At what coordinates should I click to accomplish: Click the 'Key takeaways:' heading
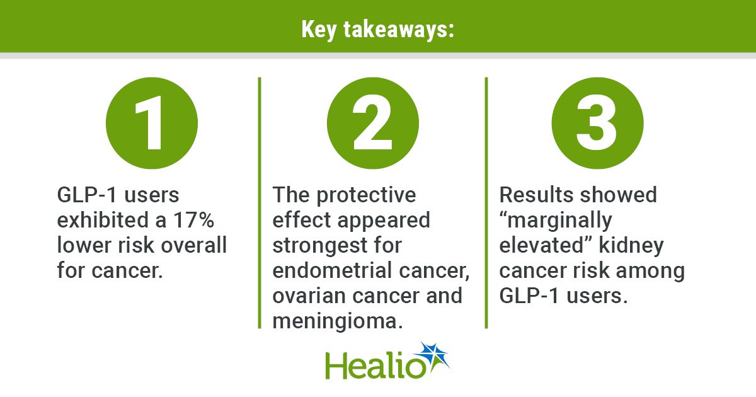click(377, 30)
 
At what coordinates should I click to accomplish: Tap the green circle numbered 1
click(152, 124)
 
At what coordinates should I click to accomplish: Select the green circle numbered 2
click(373, 124)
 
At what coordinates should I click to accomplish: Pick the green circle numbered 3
click(598, 124)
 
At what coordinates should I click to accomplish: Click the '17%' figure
click(194, 220)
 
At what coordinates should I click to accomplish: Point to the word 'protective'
click(366, 196)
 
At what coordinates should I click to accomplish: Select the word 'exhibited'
click(103, 220)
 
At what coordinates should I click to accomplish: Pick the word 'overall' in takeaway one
click(194, 245)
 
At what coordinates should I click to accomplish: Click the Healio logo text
click(375, 365)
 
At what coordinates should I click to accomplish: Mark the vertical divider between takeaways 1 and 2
click(260, 202)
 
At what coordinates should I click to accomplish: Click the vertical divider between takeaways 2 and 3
click(486, 202)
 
